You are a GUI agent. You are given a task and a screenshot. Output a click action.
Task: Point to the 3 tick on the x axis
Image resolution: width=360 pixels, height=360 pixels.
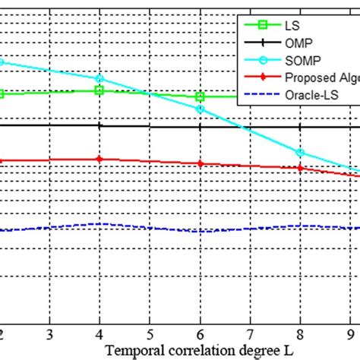[x=49, y=334]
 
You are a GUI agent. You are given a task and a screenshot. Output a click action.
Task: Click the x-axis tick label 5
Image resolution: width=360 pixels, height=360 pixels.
[x=150, y=334]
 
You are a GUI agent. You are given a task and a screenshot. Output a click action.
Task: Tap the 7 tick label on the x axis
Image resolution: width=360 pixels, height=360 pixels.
[x=250, y=334]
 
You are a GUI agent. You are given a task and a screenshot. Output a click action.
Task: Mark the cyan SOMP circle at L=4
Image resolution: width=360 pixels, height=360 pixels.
[x=99, y=78]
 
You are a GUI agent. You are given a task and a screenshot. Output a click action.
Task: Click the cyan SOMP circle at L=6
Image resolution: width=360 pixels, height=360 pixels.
[x=200, y=109]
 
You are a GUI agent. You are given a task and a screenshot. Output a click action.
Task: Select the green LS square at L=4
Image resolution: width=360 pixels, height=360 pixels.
[x=99, y=90]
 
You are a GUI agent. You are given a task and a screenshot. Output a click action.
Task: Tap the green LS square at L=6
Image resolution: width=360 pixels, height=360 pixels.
[x=200, y=97]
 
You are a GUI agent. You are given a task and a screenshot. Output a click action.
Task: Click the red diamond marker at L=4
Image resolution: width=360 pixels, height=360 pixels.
[x=99, y=159]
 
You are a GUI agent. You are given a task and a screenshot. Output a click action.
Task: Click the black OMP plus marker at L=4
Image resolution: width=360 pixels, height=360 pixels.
[x=99, y=126]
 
